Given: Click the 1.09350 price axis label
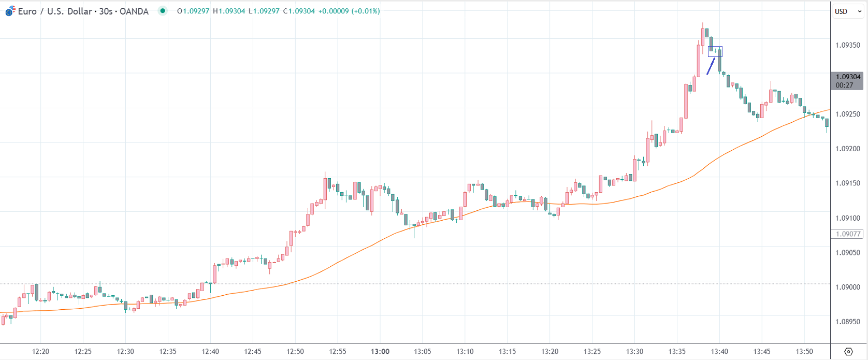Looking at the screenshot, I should click(847, 45).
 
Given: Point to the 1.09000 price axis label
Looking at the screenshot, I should click(847, 287).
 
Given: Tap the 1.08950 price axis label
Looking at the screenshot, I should click(847, 322).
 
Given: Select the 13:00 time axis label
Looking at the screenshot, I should click(380, 351).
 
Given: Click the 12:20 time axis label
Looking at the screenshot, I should click(40, 351).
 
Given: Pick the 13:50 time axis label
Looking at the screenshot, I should click(804, 351).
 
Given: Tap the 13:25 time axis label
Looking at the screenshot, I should click(592, 351).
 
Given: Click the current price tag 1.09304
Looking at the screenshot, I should click(848, 77).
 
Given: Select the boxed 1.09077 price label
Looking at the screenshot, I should click(848, 234).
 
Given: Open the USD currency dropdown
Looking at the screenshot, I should click(848, 11).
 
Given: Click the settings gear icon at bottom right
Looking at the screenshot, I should click(848, 352).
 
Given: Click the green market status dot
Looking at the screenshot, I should click(163, 11).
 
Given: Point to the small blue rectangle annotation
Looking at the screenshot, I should click(715, 51).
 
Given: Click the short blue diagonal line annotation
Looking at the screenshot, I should click(711, 66).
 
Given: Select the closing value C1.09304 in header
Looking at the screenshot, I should click(299, 11).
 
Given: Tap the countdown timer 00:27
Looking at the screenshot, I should click(844, 85).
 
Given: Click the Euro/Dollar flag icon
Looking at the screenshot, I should click(10, 11).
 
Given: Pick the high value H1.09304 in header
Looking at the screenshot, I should click(229, 11).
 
